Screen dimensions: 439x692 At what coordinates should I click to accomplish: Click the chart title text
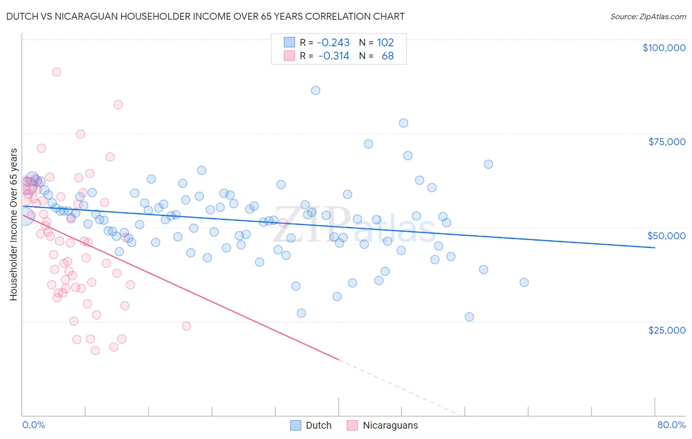205,16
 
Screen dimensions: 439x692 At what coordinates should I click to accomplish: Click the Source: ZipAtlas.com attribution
648,16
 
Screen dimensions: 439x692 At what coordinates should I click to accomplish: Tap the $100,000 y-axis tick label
664,48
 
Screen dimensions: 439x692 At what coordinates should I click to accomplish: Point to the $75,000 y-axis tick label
666,142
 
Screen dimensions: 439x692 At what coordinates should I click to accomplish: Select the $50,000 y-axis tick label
666,236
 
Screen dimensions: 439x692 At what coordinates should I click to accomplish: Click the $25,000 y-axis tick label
666,330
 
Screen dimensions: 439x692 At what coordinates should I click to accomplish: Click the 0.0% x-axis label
33,425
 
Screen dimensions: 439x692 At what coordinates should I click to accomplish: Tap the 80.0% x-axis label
671,425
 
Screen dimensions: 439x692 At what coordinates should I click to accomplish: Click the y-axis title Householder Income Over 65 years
13,224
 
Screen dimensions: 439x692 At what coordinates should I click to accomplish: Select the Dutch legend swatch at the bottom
296,425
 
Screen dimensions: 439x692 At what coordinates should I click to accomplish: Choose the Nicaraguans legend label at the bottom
390,425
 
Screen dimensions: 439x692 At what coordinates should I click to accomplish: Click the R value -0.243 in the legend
333,43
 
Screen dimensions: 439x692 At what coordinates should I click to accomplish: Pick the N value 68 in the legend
387,56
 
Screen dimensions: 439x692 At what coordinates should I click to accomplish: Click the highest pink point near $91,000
57,72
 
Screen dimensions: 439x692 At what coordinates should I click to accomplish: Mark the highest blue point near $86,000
315,91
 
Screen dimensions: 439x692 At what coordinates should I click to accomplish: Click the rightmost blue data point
524,282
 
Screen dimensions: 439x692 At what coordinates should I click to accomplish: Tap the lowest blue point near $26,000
469,317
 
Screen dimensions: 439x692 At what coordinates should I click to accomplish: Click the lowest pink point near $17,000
95,350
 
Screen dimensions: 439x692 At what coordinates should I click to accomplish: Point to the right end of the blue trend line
655,248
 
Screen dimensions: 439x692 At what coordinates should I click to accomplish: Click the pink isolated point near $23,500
186,326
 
